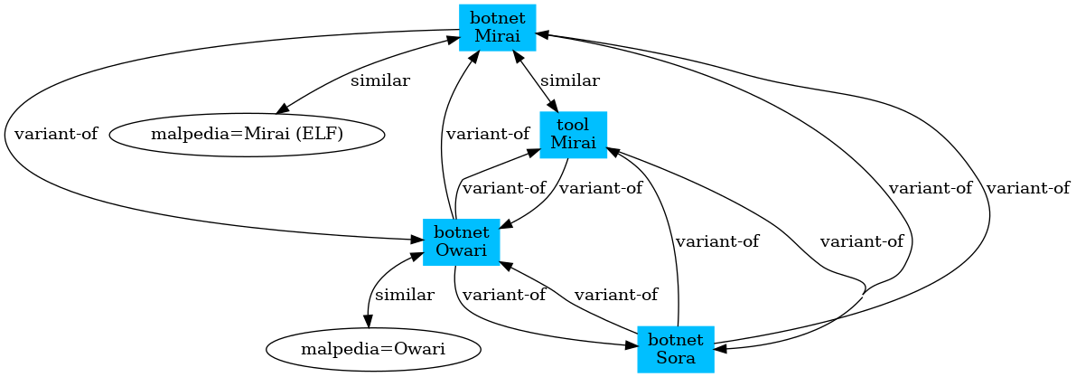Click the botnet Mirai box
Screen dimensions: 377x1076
pos(497,27)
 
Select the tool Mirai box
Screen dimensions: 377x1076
pos(573,135)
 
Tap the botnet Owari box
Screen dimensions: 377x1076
pos(461,241)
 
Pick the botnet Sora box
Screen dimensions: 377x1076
pos(676,349)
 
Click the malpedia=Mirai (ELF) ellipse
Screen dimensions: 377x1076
pos(247,135)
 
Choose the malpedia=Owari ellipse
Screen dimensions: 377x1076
pos(373,349)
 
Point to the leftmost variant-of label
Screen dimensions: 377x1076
pos(56,135)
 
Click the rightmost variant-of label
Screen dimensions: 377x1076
pos(1028,188)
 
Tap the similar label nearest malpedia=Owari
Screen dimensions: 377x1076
pos(405,295)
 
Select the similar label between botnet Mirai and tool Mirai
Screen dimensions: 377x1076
pos(570,80)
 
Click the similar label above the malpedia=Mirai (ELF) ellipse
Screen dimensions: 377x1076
pos(380,80)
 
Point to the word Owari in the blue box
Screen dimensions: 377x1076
pos(461,250)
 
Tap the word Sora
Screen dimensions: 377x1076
pos(676,357)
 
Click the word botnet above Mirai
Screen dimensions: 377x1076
pos(497,19)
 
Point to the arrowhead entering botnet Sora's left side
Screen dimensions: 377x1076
pos(632,344)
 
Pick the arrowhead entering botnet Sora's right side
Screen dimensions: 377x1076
pos(721,349)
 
